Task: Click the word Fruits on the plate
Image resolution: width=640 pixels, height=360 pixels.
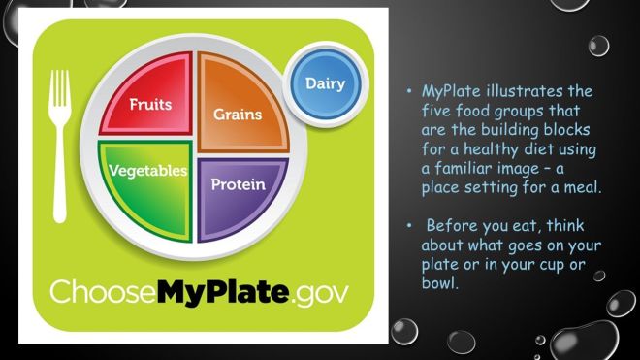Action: coord(151,102)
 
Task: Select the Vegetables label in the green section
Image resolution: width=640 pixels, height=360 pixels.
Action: coord(147,171)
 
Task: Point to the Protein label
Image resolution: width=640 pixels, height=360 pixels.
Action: coord(239,183)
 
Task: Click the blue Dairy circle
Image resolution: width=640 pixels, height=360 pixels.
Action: coord(325,83)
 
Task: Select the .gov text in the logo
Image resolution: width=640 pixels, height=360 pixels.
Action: coord(319,292)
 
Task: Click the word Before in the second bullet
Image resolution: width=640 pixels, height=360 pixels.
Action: coord(452,226)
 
